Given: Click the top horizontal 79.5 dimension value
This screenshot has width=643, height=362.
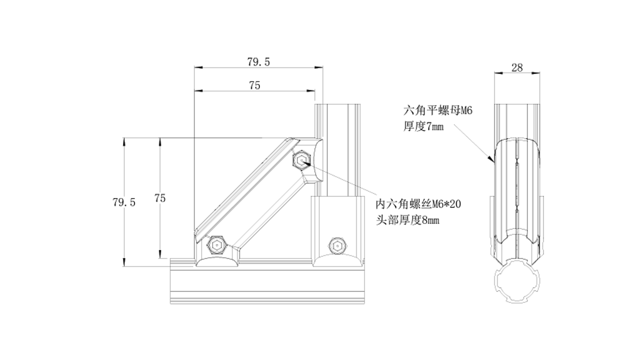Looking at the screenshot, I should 258,62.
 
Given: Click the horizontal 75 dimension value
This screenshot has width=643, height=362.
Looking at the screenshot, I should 254,85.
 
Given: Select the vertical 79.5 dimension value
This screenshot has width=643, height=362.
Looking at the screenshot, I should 124,202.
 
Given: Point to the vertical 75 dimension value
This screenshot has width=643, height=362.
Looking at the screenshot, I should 160,198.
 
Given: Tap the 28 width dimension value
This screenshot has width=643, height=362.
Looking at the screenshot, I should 517,68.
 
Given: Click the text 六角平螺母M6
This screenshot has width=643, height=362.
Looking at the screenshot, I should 438,111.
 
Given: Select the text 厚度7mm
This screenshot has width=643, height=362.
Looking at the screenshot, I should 423,127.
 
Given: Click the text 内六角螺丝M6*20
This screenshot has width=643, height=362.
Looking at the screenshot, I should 418,205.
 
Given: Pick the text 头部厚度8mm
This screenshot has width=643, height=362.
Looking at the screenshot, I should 408,220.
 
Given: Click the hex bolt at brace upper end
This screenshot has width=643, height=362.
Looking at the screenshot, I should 302,160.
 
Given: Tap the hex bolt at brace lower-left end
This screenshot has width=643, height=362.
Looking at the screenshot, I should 216,245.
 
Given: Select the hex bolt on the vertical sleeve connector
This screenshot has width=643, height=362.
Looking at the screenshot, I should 337,246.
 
